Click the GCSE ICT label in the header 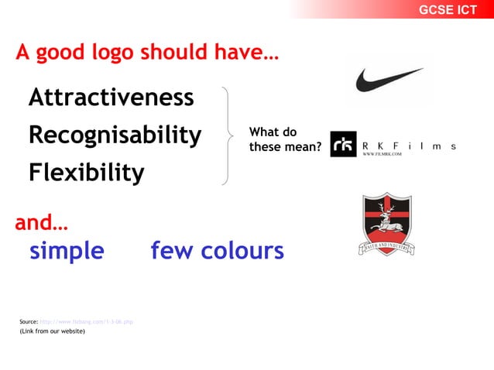pyautogui.click(x=448, y=10)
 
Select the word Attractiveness pyautogui.click(x=111, y=98)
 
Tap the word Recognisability pyautogui.click(x=115, y=135)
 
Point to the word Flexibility pyautogui.click(x=86, y=172)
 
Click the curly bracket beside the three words pyautogui.click(x=227, y=136)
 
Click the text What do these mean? pyautogui.click(x=284, y=139)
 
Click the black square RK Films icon pyautogui.click(x=343, y=144)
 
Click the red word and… pyautogui.click(x=41, y=224)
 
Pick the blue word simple pyautogui.click(x=67, y=251)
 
